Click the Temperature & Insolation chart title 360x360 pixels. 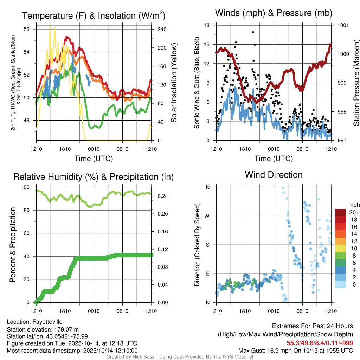(94, 16)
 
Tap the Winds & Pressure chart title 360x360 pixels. (274, 13)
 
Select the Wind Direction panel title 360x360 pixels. (274, 175)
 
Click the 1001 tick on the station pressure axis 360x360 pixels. (343, 25)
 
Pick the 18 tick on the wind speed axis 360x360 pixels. (207, 25)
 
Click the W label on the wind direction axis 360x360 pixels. (207, 216)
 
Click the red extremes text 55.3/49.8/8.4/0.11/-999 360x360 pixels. (320, 343)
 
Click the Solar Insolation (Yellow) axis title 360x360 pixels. (174, 83)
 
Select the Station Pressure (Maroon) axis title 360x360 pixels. (356, 83)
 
